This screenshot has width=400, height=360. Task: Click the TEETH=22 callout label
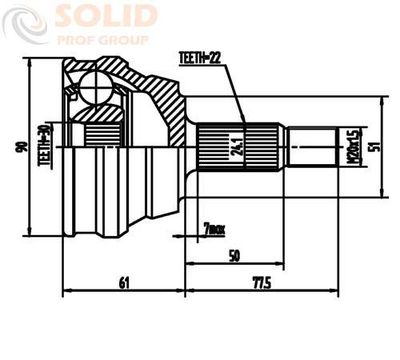(x=200, y=58)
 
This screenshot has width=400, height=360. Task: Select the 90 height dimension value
(x=23, y=146)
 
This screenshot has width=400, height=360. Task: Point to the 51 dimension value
(x=376, y=146)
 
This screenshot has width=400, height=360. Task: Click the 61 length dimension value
(x=124, y=283)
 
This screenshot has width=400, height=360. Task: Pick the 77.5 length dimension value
(x=262, y=283)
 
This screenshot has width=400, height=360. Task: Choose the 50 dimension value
(x=234, y=256)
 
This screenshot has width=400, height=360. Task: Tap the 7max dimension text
(x=214, y=229)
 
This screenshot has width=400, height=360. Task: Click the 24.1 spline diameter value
(x=237, y=146)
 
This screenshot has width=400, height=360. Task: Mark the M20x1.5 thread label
(x=353, y=147)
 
